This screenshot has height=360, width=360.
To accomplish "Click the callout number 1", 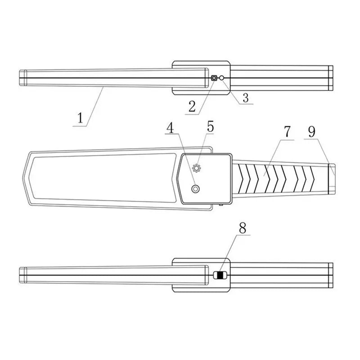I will tap(80, 118).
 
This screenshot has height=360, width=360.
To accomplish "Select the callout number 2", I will tap(192, 106).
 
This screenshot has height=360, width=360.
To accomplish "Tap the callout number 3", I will tap(245, 97).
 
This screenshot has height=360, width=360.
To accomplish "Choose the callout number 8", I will tap(243, 229).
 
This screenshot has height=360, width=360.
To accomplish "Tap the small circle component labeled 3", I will tap(221, 78).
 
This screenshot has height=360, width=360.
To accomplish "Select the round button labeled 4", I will tap(195, 189).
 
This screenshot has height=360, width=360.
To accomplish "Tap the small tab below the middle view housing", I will tap(222, 206).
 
